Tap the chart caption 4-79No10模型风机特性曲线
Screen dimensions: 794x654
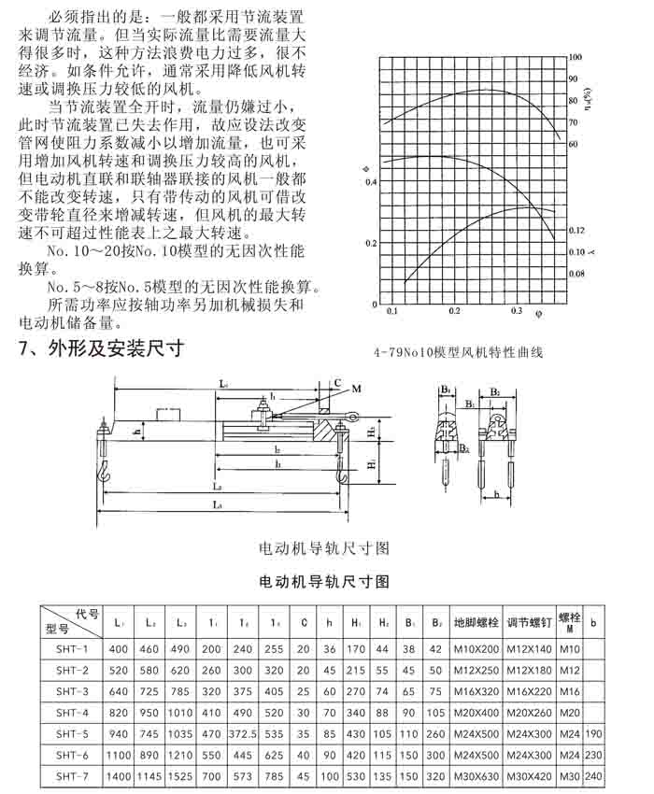click(458, 353)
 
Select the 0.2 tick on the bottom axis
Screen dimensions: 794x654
click(454, 310)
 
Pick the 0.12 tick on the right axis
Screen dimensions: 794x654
click(576, 230)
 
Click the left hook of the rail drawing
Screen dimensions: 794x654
click(103, 476)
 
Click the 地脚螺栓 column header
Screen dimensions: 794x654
click(476, 621)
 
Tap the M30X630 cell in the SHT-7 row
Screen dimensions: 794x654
click(476, 775)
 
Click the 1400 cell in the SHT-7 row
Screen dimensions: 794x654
click(119, 775)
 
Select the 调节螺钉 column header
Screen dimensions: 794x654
click(529, 621)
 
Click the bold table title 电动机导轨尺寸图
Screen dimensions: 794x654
click(322, 581)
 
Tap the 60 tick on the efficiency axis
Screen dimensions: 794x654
click(573, 144)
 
